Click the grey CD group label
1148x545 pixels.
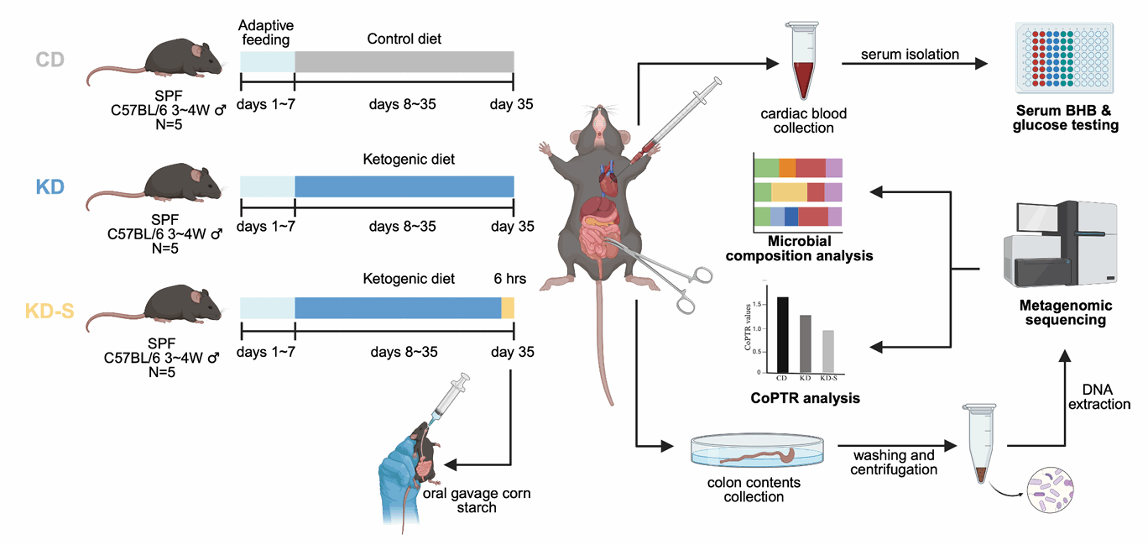50,60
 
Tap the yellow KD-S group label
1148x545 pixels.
50,311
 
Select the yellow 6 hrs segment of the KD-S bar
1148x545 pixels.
508,307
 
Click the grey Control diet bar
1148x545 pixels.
404,61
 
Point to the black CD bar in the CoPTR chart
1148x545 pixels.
783,335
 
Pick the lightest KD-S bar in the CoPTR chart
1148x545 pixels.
828,351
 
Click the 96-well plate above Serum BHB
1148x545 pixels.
1065,57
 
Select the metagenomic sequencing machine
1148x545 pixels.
1060,244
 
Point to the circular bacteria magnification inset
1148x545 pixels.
1050,490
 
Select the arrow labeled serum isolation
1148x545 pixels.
915,64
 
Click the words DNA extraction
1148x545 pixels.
1098,397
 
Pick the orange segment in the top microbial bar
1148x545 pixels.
787,168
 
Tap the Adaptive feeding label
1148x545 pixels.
266,32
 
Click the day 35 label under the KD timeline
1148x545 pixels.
513,226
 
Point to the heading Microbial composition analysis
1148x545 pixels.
799,248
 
